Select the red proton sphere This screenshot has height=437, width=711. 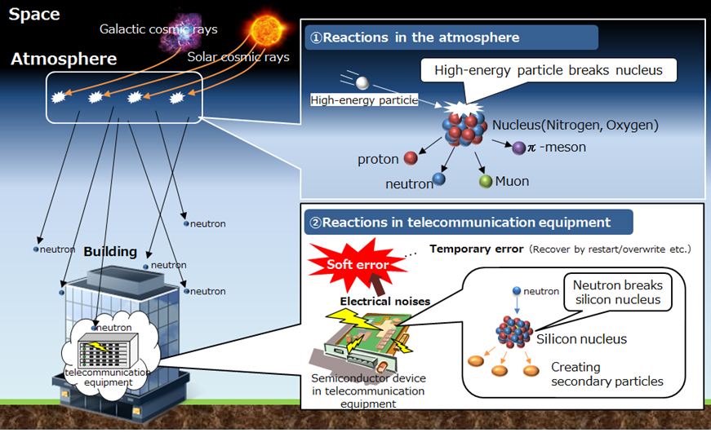tap(411, 158)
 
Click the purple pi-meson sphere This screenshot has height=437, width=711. tap(518, 148)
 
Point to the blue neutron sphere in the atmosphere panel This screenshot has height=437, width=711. tap(439, 179)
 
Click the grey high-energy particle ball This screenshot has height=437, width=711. tap(362, 82)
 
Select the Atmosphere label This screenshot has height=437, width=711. tap(64, 60)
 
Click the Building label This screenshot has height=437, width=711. tap(110, 252)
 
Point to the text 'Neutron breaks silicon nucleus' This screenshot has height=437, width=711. tap(617, 293)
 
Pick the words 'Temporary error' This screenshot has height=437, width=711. tap(477, 249)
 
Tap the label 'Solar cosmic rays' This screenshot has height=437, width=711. tap(237, 56)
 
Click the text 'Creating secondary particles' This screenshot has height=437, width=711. tap(607, 373)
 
